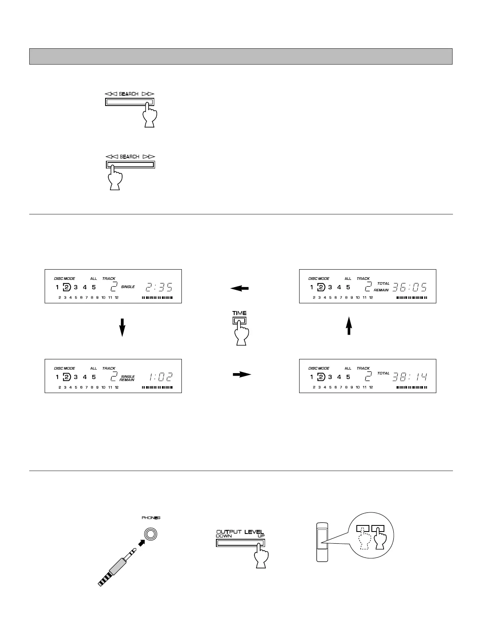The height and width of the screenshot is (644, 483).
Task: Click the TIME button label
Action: tap(239, 313)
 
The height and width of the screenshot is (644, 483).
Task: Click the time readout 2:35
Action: tap(159, 287)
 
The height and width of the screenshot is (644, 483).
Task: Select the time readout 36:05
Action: tap(410, 287)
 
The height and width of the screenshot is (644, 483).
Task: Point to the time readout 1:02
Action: tap(161, 377)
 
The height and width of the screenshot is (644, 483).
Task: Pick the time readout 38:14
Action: tap(410, 377)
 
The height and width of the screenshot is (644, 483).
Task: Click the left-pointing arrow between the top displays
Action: tap(239, 288)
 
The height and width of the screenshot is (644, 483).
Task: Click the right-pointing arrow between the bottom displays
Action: tap(241, 374)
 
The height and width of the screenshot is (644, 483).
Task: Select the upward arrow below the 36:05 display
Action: tap(349, 326)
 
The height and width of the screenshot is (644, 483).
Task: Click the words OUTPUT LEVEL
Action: tap(240, 532)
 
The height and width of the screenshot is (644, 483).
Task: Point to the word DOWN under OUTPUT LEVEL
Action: tap(224, 536)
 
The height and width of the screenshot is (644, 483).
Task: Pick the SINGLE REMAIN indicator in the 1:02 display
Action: tap(127, 378)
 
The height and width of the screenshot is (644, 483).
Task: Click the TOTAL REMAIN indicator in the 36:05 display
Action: tap(382, 287)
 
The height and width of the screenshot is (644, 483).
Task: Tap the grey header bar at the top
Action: tap(241, 56)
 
